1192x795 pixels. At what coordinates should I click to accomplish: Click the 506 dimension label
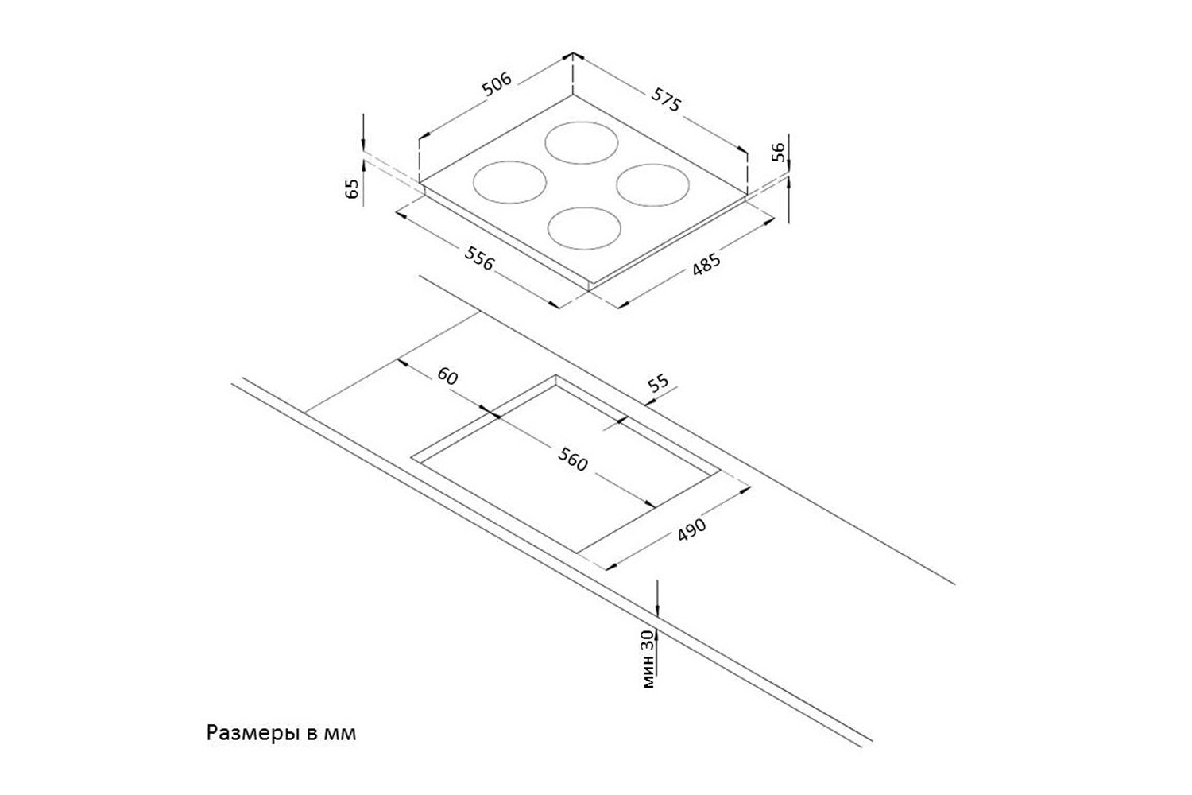(x=497, y=85)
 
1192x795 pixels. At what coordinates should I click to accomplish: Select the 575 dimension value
(x=666, y=99)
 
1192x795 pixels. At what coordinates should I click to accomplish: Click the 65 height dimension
(x=353, y=188)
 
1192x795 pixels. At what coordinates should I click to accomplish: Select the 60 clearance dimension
(x=447, y=376)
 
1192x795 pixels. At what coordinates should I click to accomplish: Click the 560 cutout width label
(x=572, y=460)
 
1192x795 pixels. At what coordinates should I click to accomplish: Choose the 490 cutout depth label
(x=691, y=530)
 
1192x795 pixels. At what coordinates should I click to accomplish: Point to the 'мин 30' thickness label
(x=649, y=659)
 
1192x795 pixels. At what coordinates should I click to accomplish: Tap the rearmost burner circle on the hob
(x=582, y=143)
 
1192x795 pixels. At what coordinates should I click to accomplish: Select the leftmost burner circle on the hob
(x=509, y=182)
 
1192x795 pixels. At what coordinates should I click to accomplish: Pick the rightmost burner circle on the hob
(x=652, y=184)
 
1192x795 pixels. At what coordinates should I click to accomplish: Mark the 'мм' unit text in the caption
(x=340, y=733)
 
